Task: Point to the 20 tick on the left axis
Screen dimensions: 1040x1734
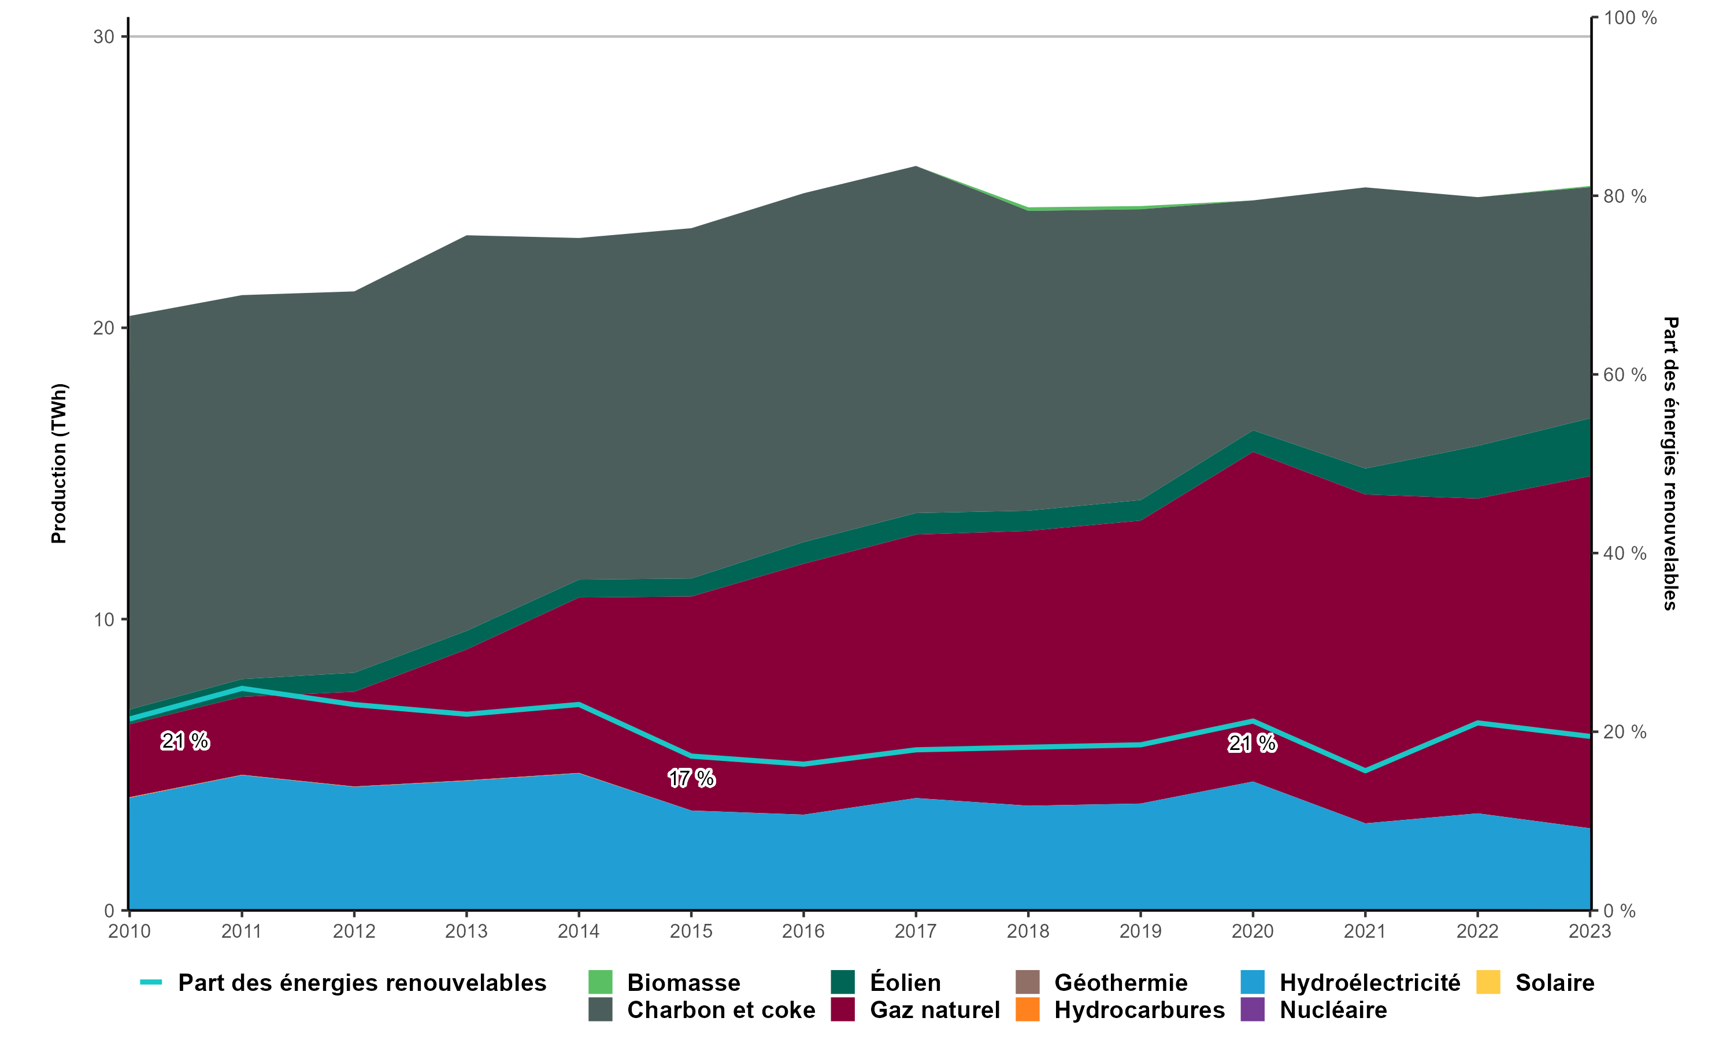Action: [103, 328]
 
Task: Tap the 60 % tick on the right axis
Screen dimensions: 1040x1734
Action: [1625, 375]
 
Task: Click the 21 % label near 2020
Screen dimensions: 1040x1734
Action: [1252, 743]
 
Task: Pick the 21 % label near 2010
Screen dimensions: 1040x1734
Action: [185, 741]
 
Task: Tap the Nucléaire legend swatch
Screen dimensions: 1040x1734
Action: [1252, 1010]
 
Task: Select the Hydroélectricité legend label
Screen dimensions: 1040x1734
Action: [1369, 983]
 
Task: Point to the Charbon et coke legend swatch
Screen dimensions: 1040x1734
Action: [600, 1010]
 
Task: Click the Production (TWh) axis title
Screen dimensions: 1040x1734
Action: [59, 463]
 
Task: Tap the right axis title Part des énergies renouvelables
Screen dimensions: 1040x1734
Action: [1671, 463]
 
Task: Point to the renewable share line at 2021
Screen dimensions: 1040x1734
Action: [1365, 771]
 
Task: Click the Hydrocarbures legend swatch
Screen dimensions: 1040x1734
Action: [1028, 1010]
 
